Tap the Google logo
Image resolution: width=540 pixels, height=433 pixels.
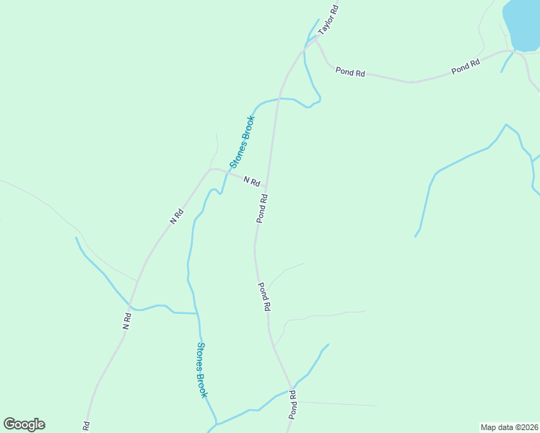pyautogui.click(x=24, y=424)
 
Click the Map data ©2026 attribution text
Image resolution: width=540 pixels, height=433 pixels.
pyautogui.click(x=509, y=427)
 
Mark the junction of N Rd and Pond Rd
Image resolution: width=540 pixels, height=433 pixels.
pyautogui.click(x=267, y=186)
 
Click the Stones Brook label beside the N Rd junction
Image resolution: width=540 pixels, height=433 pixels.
pyautogui.click(x=243, y=141)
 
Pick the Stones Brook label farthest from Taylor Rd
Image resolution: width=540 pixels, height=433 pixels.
pyautogui.click(x=202, y=369)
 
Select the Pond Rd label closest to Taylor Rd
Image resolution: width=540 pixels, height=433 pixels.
pyautogui.click(x=351, y=72)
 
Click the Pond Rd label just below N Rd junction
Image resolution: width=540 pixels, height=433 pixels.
pyautogui.click(x=263, y=208)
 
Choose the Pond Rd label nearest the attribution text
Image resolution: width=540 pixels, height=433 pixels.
pyautogui.click(x=293, y=405)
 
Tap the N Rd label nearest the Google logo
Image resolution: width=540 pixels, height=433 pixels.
pyautogui.click(x=127, y=320)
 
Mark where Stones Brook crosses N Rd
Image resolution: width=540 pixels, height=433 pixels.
pyautogui.click(x=225, y=171)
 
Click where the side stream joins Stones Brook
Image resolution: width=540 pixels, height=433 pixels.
pyautogui.click(x=198, y=313)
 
